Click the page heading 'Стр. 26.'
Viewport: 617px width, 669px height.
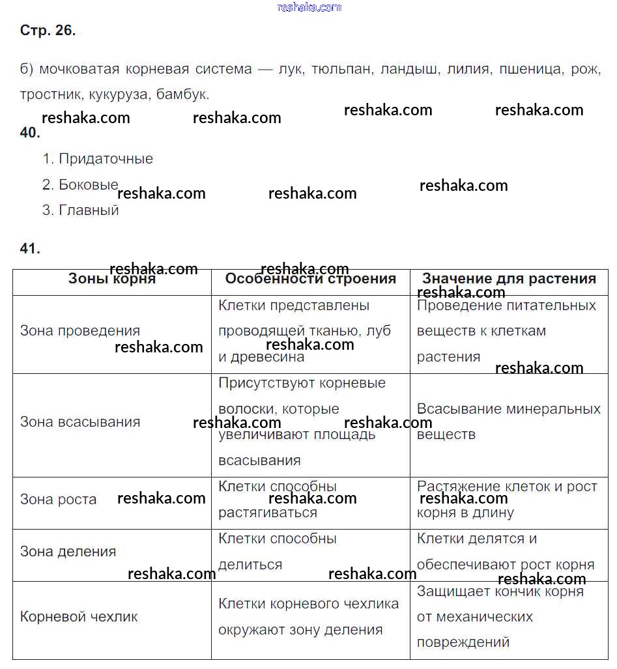pos(48,31)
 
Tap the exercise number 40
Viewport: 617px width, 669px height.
pos(30,133)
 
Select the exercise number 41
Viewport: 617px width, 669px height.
pos(30,248)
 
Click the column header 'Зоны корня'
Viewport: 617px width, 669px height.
pos(111,279)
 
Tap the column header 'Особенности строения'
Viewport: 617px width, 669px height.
pos(310,279)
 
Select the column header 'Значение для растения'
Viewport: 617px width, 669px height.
pos(509,279)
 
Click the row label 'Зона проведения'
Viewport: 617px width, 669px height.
pos(79,331)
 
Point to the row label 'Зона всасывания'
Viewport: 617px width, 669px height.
pos(79,422)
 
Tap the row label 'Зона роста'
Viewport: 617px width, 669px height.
pos(58,500)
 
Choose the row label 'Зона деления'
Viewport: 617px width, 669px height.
pos(68,552)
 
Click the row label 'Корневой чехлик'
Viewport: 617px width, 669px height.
pos(79,617)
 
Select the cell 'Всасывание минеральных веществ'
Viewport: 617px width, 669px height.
pos(508,421)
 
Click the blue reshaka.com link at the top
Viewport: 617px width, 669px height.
pos(309,7)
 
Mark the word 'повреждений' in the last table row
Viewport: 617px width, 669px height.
pos(463,642)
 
